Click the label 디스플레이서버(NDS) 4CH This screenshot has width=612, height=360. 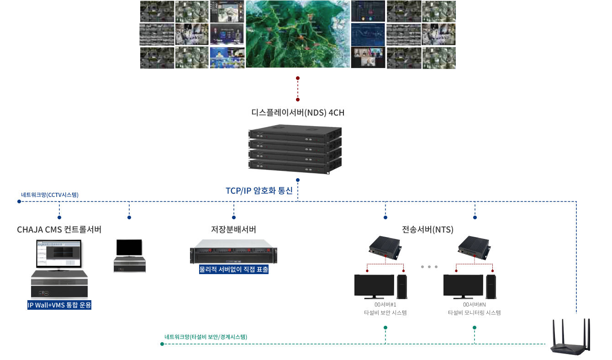click(x=297, y=112)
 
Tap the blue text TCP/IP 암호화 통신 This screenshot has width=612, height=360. click(x=259, y=191)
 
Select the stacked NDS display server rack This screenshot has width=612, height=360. click(x=295, y=147)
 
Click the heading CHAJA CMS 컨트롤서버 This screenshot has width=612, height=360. click(x=59, y=229)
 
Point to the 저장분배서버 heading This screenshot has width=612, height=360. click(x=233, y=229)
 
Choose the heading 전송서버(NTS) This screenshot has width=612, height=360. click(x=427, y=229)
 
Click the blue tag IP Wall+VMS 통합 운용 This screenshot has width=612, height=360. click(x=59, y=305)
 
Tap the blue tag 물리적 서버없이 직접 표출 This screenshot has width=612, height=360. click(x=233, y=270)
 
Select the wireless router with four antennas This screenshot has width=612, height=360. click(x=570, y=337)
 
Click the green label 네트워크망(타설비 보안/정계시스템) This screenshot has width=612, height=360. click(x=206, y=337)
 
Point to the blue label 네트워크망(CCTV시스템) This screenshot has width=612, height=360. click(x=50, y=195)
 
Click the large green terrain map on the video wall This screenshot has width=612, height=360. click(x=298, y=34)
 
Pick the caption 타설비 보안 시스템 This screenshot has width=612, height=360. click(x=385, y=313)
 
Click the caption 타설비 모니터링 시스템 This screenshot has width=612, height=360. click(x=474, y=313)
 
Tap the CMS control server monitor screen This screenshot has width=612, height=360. click(x=58, y=254)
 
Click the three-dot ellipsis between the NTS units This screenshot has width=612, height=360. click(x=429, y=266)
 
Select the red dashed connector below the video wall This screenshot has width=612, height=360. click(x=298, y=89)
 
